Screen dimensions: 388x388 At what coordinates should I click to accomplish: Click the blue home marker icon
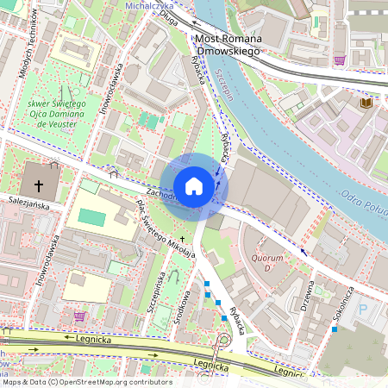click(x=194, y=186)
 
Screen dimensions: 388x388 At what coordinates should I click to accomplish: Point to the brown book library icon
click(x=366, y=103)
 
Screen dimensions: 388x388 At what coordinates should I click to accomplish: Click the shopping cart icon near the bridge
click(x=340, y=60)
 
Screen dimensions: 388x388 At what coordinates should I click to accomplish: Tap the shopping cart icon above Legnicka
click(x=80, y=316)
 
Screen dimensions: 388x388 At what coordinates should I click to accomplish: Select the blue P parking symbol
click(x=362, y=309)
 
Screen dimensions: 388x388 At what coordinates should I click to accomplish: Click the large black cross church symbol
click(x=38, y=185)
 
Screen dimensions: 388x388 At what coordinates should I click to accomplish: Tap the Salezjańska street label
click(x=25, y=197)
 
